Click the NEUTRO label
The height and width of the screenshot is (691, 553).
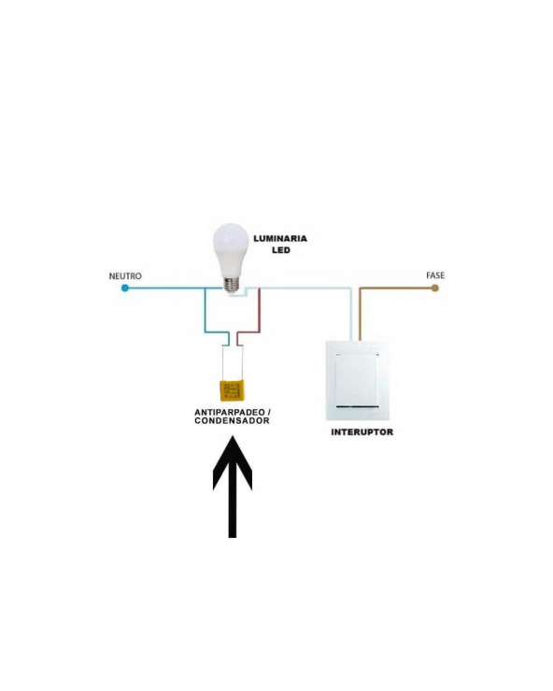pyautogui.click(x=125, y=276)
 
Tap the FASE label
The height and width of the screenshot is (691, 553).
pyautogui.click(x=435, y=275)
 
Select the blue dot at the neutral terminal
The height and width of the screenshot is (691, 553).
pyautogui.click(x=125, y=289)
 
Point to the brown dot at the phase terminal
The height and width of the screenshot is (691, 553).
pyautogui.click(x=434, y=289)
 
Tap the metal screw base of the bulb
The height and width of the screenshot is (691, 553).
pyautogui.click(x=231, y=286)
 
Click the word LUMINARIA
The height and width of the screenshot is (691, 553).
pyautogui.click(x=280, y=239)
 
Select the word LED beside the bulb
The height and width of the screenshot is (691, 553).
pyautogui.click(x=281, y=250)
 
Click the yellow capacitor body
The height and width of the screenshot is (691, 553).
pyautogui.click(x=232, y=391)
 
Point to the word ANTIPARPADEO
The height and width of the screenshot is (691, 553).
pyautogui.click(x=230, y=413)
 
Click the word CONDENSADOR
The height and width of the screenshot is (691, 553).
pyautogui.click(x=232, y=421)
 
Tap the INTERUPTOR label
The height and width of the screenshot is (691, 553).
pyautogui.click(x=362, y=432)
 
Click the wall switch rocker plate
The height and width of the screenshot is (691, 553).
pyautogui.click(x=357, y=380)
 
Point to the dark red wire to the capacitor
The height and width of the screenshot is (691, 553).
pyautogui.click(x=260, y=317)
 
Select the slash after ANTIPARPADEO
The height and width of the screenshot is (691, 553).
pyautogui.click(x=269, y=413)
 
